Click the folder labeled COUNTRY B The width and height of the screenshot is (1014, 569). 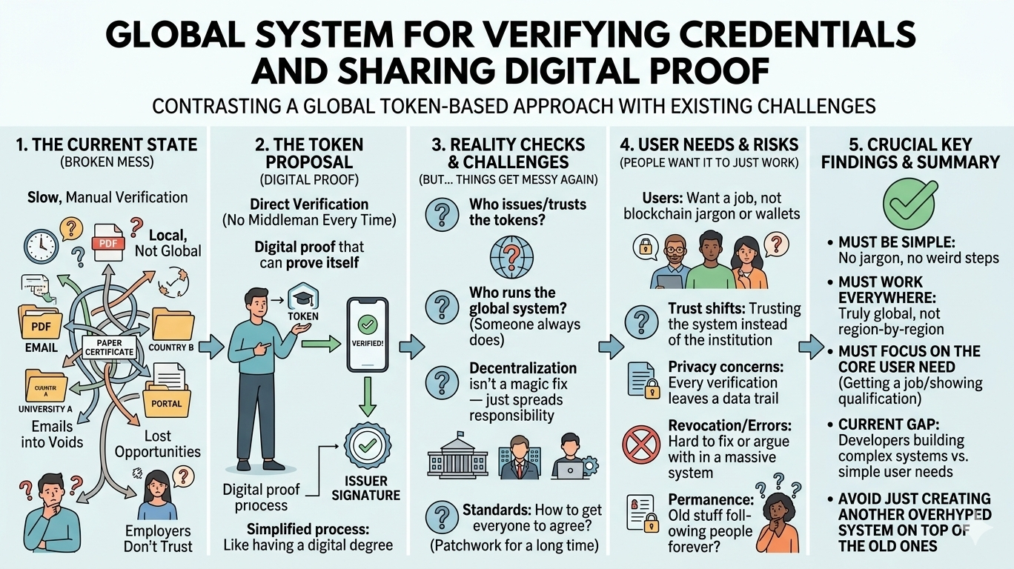[x=172, y=327]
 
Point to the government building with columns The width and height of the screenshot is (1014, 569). [x=452, y=458]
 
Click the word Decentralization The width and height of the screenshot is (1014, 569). [x=523, y=368]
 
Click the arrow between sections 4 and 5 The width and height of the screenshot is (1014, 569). [x=812, y=345]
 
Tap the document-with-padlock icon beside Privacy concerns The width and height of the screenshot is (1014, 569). [x=642, y=379]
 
